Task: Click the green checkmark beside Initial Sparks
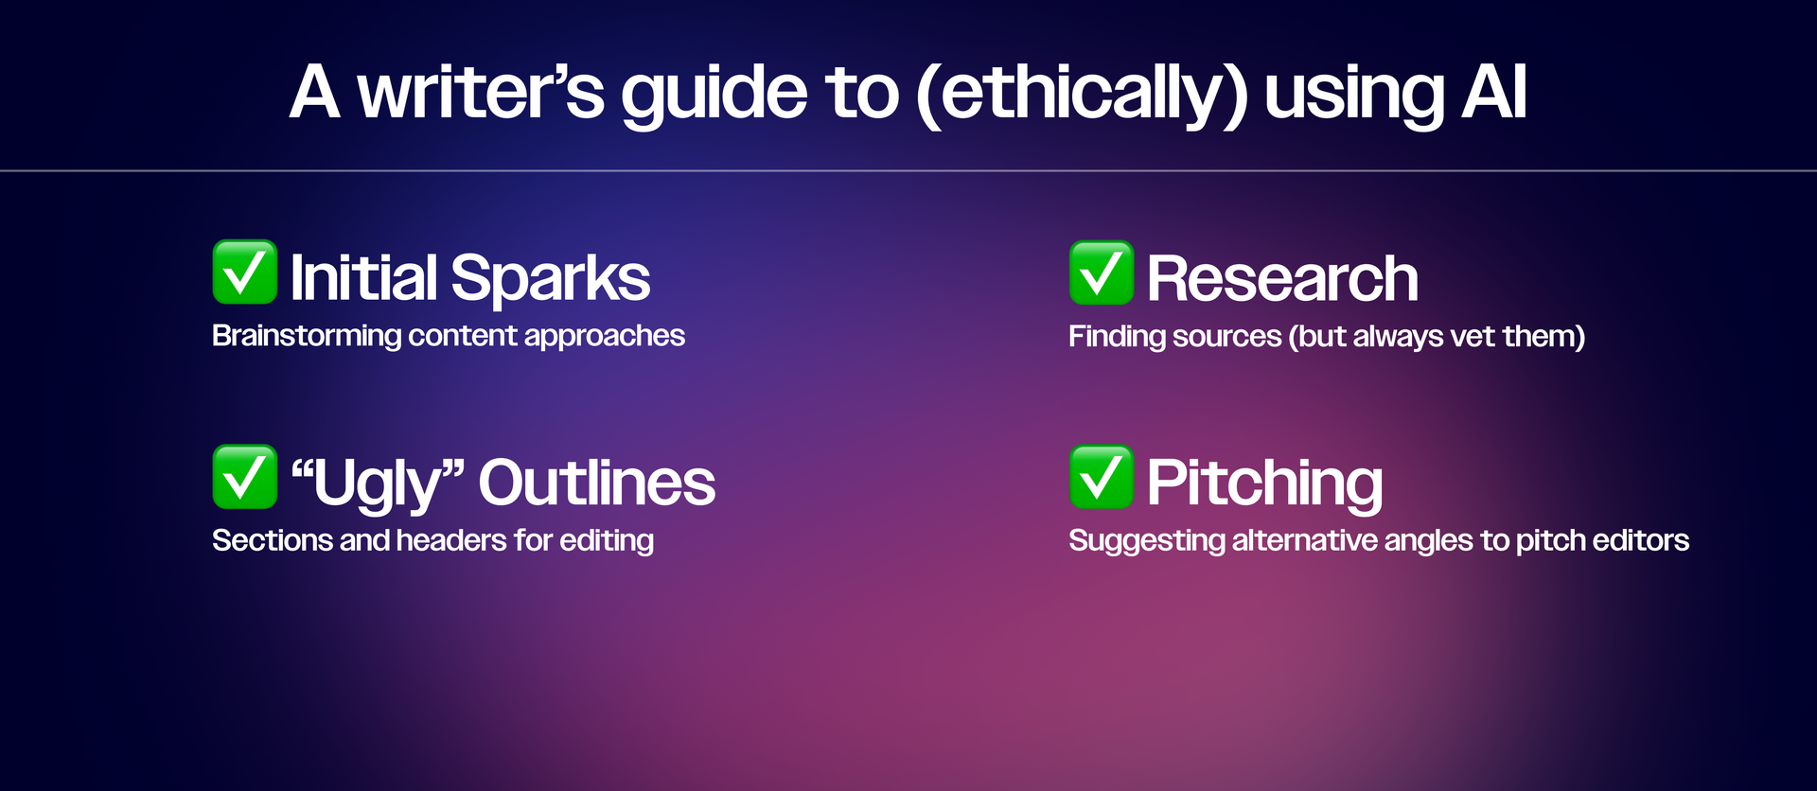pos(245,272)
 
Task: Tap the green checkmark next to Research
pos(1102,272)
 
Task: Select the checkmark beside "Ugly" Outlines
pos(245,477)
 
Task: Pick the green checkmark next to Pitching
pos(1102,477)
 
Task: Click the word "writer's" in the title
pos(481,93)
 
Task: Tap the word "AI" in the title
pos(1494,93)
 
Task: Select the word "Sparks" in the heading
pos(551,280)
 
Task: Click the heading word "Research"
pos(1282,279)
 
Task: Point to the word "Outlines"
pos(597,483)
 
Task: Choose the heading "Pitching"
pos(1265,484)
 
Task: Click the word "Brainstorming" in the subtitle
pos(307,337)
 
